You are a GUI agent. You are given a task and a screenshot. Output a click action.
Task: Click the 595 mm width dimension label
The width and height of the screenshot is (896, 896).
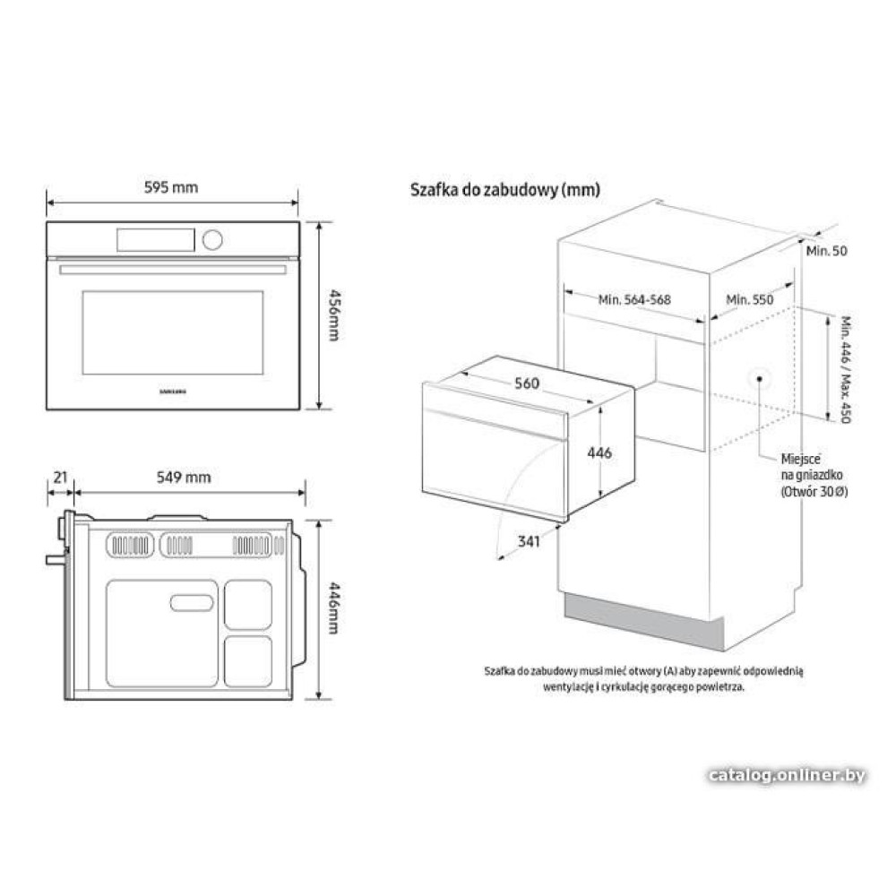click(x=171, y=187)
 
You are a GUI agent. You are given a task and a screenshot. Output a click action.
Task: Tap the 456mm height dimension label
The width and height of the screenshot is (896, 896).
click(x=333, y=314)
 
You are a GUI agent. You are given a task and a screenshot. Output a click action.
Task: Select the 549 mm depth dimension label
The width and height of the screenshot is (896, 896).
click(x=184, y=478)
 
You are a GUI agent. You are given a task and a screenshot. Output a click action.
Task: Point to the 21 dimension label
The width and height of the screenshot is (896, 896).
click(x=61, y=478)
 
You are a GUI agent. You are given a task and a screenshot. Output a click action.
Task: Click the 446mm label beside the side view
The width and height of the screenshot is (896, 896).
click(x=333, y=608)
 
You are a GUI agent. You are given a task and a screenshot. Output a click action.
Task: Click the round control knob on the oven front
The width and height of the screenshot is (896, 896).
click(x=212, y=240)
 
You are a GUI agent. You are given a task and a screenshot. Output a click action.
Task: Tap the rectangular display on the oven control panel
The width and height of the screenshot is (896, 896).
click(x=155, y=240)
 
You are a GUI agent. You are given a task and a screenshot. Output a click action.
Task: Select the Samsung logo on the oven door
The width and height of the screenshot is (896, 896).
click(x=172, y=392)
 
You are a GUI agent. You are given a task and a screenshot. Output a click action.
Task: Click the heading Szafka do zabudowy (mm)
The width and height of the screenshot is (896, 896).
click(x=505, y=190)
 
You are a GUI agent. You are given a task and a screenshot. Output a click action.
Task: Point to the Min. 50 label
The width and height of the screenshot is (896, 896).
click(x=826, y=251)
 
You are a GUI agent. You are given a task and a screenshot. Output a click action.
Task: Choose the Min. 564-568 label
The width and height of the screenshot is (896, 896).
click(x=634, y=299)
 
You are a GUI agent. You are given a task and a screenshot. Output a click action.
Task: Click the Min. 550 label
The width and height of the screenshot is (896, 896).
click(x=750, y=299)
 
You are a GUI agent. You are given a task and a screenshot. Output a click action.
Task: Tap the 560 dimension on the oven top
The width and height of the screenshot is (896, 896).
click(x=526, y=383)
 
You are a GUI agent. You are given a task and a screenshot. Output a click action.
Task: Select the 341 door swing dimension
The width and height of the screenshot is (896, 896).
click(x=529, y=540)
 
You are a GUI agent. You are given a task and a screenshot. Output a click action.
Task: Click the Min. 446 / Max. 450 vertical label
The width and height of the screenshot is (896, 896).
click(x=847, y=370)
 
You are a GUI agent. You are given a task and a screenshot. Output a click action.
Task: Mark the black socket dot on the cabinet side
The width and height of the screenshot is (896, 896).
click(x=760, y=378)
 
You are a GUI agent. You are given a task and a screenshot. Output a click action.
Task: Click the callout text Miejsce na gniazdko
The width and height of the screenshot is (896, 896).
click(x=812, y=467)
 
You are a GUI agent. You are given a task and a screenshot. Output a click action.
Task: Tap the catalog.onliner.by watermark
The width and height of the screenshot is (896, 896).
click(x=787, y=775)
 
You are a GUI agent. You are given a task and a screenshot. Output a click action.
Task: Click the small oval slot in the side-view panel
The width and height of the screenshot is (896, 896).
click(x=192, y=603)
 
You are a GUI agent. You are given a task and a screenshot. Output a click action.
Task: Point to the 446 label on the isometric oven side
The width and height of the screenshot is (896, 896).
click(x=599, y=452)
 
